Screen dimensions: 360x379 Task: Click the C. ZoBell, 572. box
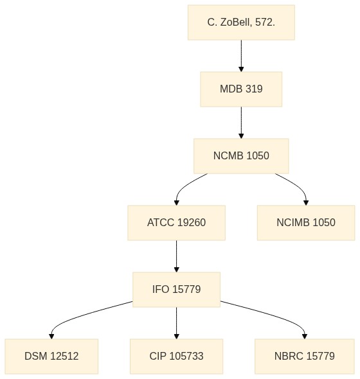(241, 22)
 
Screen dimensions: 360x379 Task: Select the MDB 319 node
(241, 89)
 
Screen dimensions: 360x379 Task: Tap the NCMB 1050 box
(241, 156)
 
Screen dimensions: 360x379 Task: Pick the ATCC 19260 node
(177, 223)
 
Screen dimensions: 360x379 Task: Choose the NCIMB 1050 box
(306, 223)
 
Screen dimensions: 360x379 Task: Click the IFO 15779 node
(177, 290)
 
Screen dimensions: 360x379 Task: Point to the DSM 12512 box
(51, 357)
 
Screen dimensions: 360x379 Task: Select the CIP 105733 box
(177, 357)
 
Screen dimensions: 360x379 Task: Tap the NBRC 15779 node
(305, 357)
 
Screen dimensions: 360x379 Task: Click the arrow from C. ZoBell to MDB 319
(241, 56)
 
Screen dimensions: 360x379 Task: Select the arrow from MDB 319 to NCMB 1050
(241, 123)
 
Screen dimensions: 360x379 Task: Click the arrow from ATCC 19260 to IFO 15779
(177, 256)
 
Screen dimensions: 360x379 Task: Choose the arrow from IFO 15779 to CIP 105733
(177, 323)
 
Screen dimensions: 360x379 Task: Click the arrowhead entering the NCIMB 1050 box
(306, 202)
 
